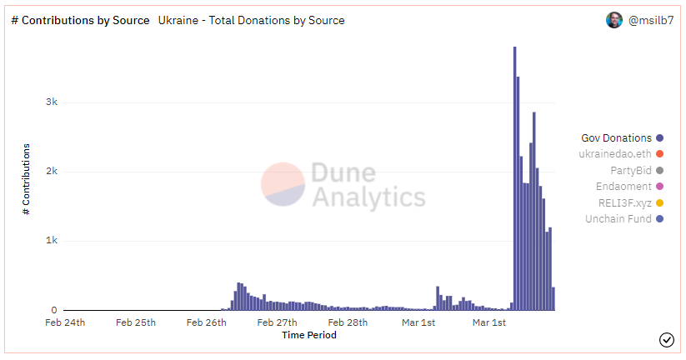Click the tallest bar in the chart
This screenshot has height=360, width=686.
pos(514,178)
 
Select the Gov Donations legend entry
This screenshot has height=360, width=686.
pos(617,138)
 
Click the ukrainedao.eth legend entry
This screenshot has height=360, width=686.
pos(615,154)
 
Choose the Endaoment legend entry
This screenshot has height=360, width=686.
pos(623,187)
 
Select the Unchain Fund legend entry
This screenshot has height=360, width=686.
pos(618,219)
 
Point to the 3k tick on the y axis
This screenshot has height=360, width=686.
pos(52,102)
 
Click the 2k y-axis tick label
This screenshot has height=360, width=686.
pos(52,172)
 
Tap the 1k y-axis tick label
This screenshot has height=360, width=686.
pos(52,241)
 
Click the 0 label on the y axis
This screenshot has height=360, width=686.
pos(54,311)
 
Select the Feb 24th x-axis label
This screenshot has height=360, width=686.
pos(65,322)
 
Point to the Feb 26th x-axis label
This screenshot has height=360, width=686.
pos(206,322)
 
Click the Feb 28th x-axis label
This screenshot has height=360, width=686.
pos(347,322)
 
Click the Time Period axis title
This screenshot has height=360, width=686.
pos(309,335)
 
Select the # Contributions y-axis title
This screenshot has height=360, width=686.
pos(26,179)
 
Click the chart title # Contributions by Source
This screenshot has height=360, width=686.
pos(80,20)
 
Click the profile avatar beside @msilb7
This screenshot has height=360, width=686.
pos(614,20)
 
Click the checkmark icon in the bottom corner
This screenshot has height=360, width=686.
pos(666,339)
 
